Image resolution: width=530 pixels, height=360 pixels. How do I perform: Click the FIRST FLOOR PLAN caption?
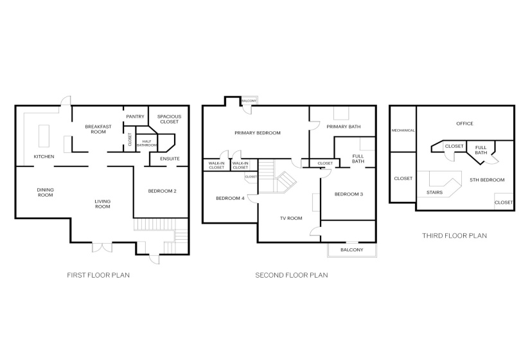click(x=98, y=275)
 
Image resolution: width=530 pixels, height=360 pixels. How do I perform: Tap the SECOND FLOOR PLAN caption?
click(x=292, y=275)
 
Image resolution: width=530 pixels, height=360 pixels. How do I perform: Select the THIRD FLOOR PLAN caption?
click(x=454, y=236)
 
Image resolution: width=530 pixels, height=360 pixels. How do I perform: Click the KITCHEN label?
click(x=44, y=157)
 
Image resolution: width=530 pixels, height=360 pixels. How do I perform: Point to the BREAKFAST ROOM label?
click(x=98, y=129)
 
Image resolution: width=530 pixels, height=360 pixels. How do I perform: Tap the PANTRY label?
click(x=135, y=116)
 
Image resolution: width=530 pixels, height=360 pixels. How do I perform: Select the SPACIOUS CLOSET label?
click(x=169, y=119)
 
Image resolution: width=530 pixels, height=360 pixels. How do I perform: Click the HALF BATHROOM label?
click(x=146, y=143)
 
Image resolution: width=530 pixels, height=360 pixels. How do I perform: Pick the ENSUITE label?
click(x=169, y=159)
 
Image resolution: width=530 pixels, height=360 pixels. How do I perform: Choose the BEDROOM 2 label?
click(x=162, y=191)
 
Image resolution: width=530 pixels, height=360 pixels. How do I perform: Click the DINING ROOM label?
click(x=45, y=192)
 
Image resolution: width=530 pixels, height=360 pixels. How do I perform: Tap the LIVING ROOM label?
click(x=103, y=204)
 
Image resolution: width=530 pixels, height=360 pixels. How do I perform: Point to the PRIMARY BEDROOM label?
click(x=257, y=133)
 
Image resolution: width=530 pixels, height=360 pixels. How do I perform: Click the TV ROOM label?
click(x=290, y=219)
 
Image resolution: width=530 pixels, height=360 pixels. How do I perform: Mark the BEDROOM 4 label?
click(x=229, y=198)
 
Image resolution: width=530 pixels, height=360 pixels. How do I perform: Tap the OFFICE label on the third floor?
click(x=464, y=123)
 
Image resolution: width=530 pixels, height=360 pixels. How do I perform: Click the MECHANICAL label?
click(x=403, y=130)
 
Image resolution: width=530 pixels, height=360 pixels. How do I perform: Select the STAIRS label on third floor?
click(x=434, y=192)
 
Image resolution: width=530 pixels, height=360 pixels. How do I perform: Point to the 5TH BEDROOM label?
click(x=486, y=180)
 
